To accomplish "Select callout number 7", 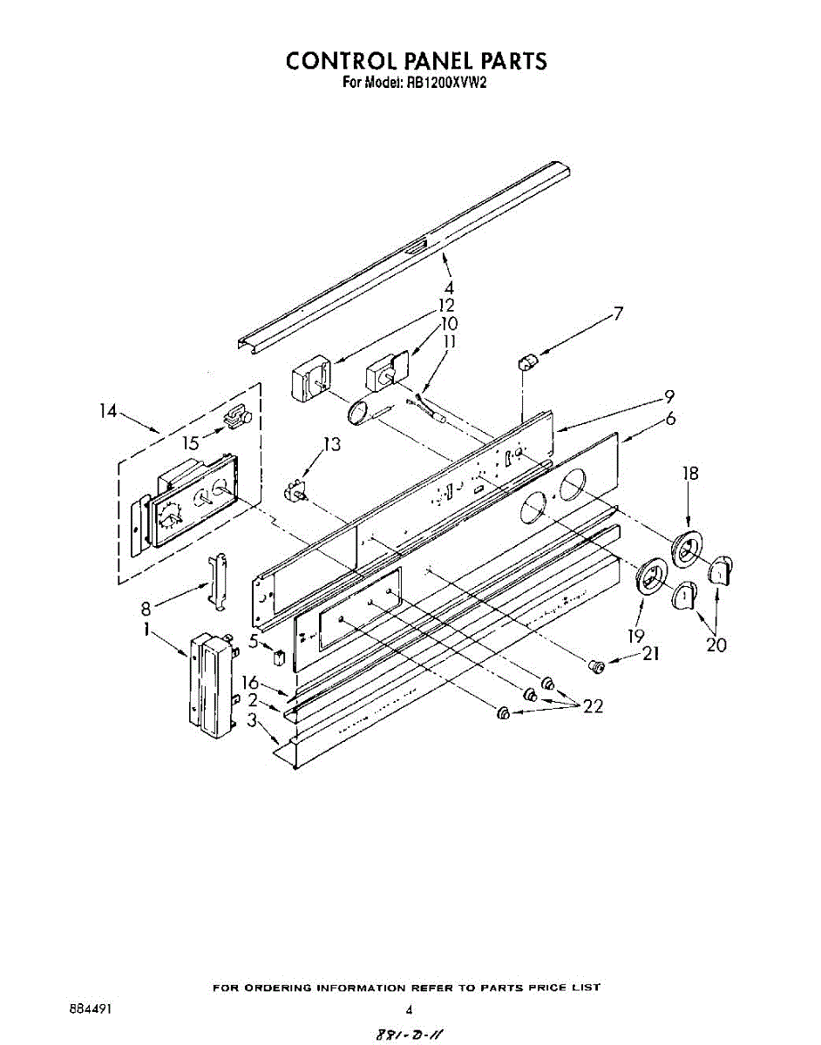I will [618, 313].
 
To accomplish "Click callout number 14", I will [108, 411].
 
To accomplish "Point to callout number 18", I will [690, 474].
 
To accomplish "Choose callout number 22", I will [593, 706].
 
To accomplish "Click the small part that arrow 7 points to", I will [526, 361].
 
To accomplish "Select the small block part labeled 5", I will [278, 656].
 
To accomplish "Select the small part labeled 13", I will [296, 491].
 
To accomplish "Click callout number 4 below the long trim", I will [448, 287].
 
